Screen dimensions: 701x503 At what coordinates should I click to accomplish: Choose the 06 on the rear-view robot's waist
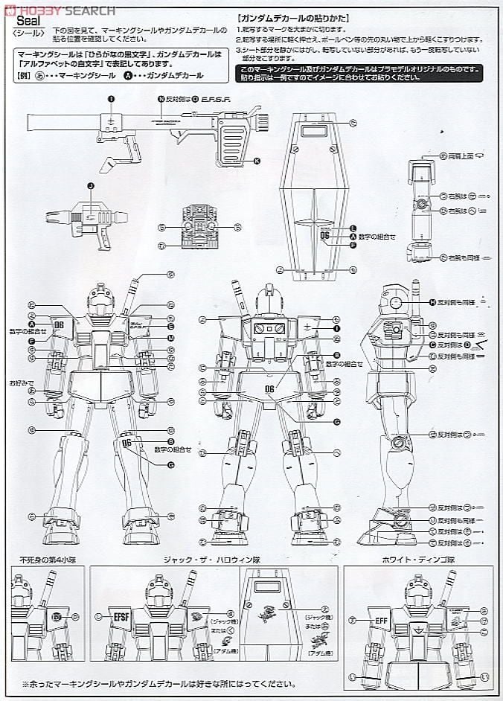click(269, 388)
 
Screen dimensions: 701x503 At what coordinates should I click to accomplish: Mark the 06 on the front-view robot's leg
click(126, 444)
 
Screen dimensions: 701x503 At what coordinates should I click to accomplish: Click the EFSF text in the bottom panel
click(122, 616)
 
